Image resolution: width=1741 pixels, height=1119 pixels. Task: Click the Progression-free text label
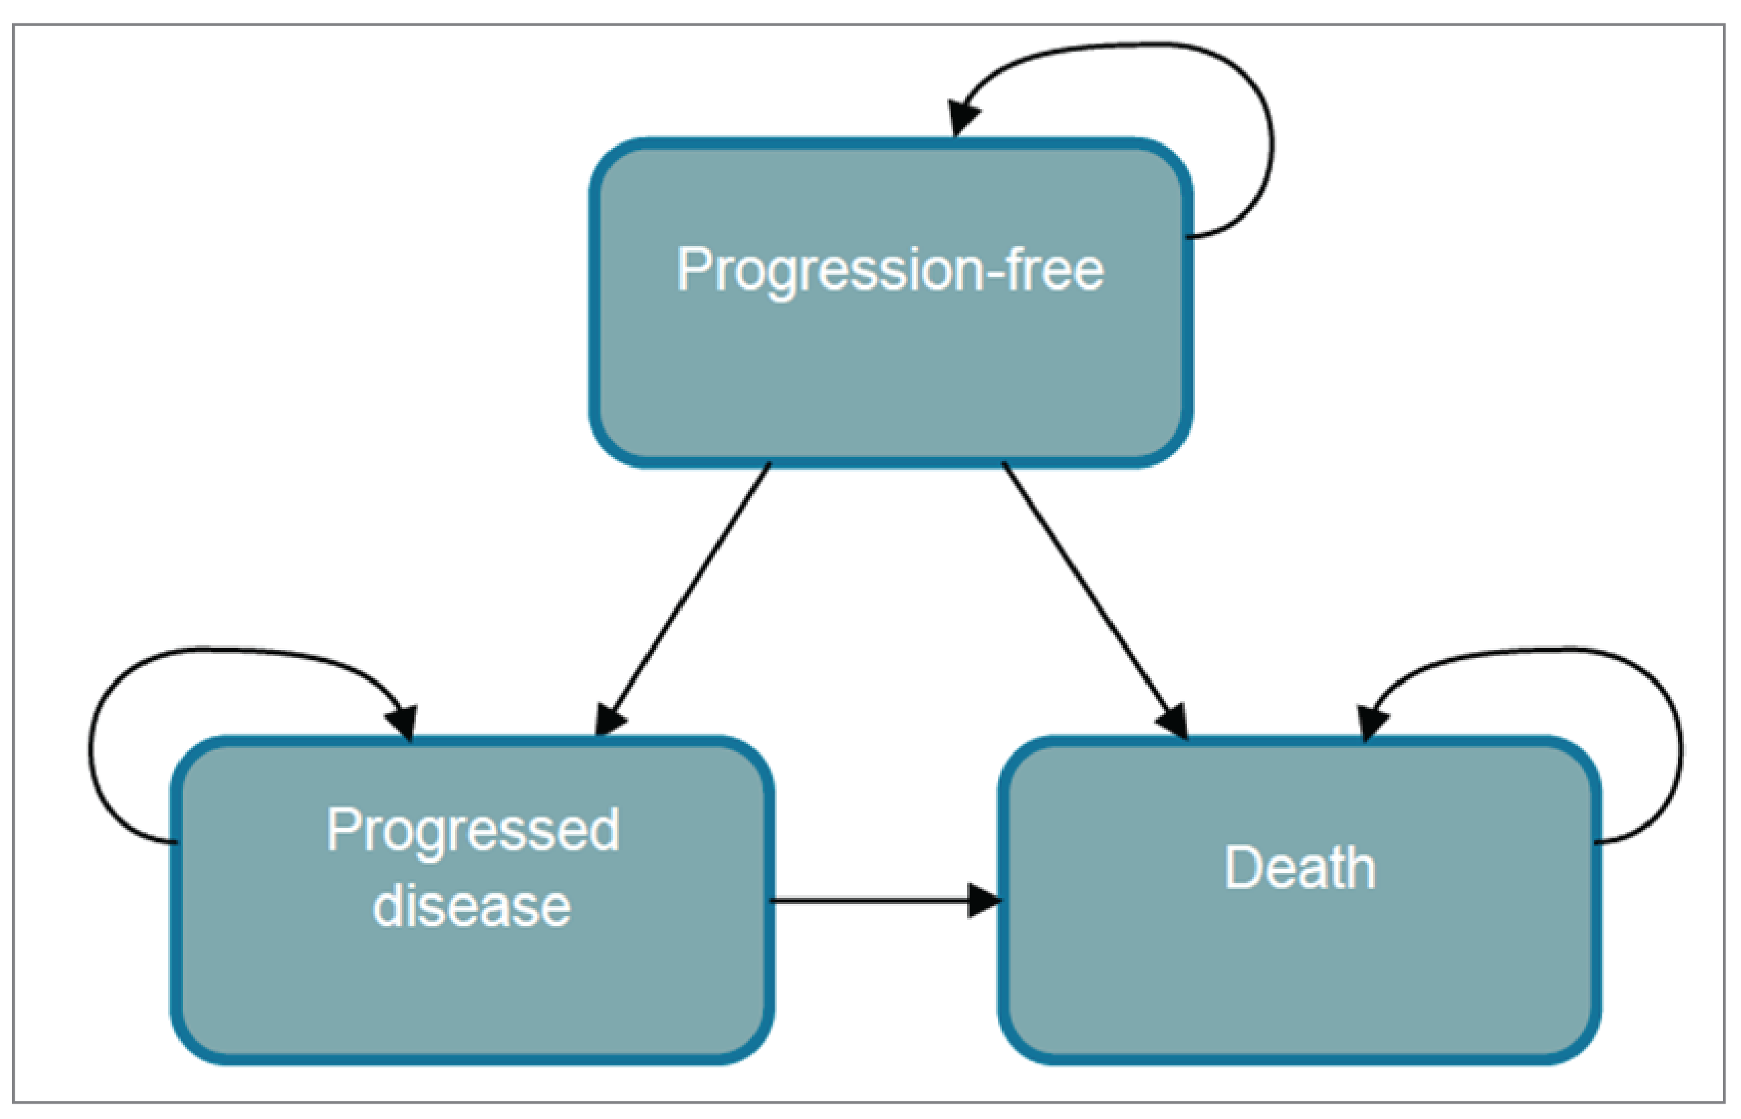point(889,270)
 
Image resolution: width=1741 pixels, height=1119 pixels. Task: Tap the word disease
point(472,906)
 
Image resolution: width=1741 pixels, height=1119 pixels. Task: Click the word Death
point(1299,868)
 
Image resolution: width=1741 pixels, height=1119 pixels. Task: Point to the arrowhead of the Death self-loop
point(1371,722)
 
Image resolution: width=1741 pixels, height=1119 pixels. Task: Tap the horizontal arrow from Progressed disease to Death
point(872,901)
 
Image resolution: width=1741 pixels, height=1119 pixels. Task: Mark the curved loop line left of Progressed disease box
point(91,748)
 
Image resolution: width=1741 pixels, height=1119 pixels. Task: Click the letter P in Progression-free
point(692,269)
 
